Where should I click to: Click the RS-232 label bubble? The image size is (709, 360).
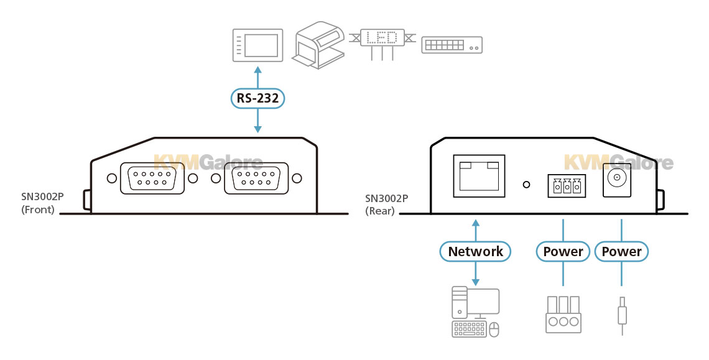[257, 98]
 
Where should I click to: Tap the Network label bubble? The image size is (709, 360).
[475, 251]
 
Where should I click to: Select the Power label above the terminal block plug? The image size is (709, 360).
[563, 251]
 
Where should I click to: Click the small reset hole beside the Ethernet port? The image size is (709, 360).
[527, 185]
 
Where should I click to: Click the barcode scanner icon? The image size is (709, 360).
[320, 44]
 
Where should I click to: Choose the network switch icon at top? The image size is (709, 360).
[452, 45]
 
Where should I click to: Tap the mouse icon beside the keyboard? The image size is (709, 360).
[495, 330]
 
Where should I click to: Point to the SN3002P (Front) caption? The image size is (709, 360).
[42, 203]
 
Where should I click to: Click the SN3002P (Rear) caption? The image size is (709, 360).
[386, 205]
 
